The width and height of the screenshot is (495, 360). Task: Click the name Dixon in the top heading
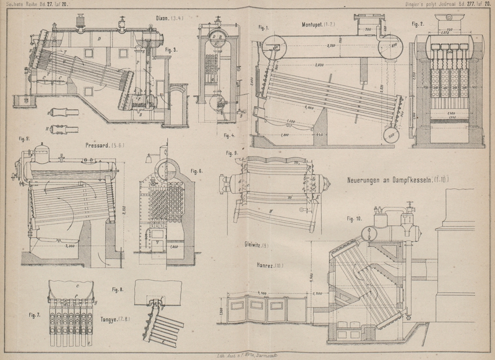(163, 18)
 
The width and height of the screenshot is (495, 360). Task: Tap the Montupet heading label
(315, 25)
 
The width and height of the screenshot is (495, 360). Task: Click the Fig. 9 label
(232, 153)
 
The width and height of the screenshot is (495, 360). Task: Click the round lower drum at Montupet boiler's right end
(390, 136)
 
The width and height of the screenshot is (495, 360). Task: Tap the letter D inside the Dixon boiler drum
(100, 38)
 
